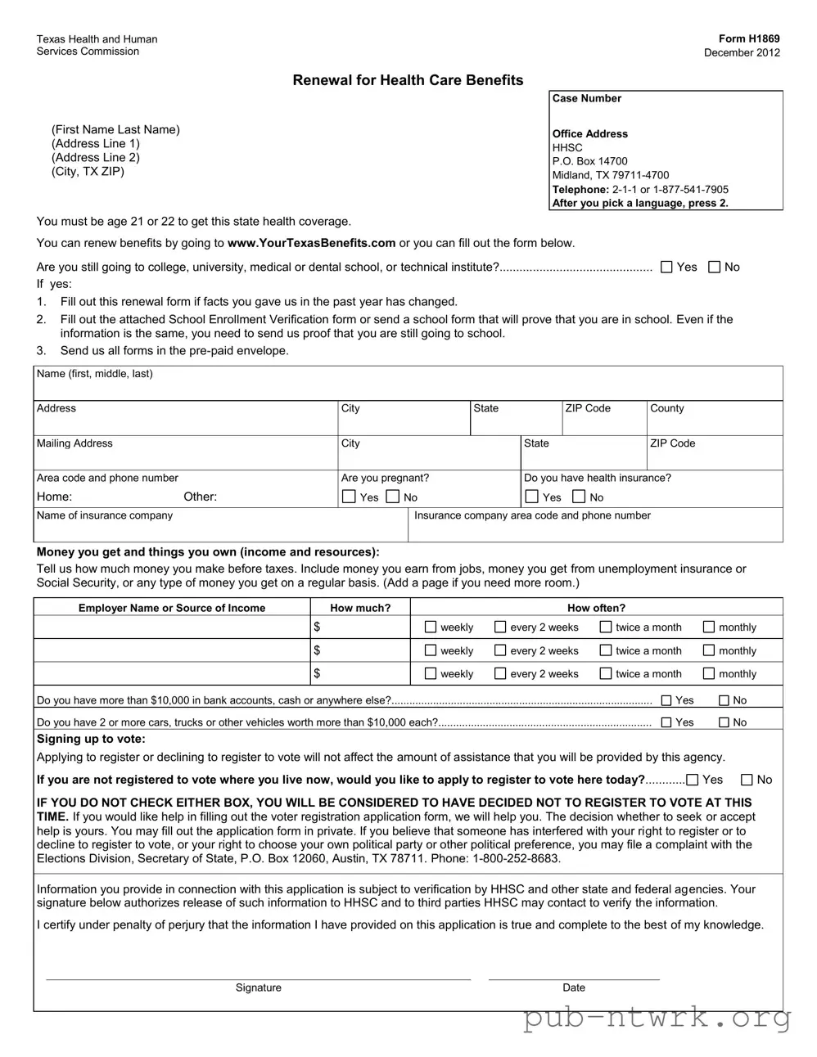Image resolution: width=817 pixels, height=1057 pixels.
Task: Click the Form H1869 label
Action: point(748,38)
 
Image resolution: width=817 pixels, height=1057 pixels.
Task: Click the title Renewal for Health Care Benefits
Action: point(408,80)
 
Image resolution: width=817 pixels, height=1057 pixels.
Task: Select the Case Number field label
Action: point(586,99)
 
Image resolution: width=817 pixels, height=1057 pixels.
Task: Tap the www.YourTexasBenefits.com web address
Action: point(311,243)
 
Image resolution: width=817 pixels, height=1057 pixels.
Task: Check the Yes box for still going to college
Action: point(666,267)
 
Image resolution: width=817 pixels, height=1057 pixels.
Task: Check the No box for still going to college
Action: point(714,267)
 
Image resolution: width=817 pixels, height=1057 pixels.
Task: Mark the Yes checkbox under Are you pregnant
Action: point(349,497)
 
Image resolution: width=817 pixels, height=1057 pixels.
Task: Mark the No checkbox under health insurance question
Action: point(579,497)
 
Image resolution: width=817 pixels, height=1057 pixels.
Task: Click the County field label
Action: point(666,408)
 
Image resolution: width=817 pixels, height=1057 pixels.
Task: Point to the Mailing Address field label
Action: point(74,443)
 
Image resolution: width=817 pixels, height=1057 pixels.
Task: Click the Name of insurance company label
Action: point(105,515)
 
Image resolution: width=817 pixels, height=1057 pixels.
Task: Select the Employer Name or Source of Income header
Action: point(172,608)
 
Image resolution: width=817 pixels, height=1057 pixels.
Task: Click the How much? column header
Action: point(360,608)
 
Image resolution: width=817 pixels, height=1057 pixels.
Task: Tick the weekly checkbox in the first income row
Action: point(431,627)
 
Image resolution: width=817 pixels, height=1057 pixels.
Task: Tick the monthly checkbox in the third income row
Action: point(709,674)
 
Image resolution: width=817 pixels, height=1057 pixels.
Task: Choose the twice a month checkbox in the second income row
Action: point(606,651)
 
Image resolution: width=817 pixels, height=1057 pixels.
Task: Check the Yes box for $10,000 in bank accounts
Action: point(666,700)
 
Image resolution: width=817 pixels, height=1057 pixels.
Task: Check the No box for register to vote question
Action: point(747,780)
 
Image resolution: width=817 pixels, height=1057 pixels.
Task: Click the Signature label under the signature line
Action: point(258,987)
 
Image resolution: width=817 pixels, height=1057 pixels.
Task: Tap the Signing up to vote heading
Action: point(91,739)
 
